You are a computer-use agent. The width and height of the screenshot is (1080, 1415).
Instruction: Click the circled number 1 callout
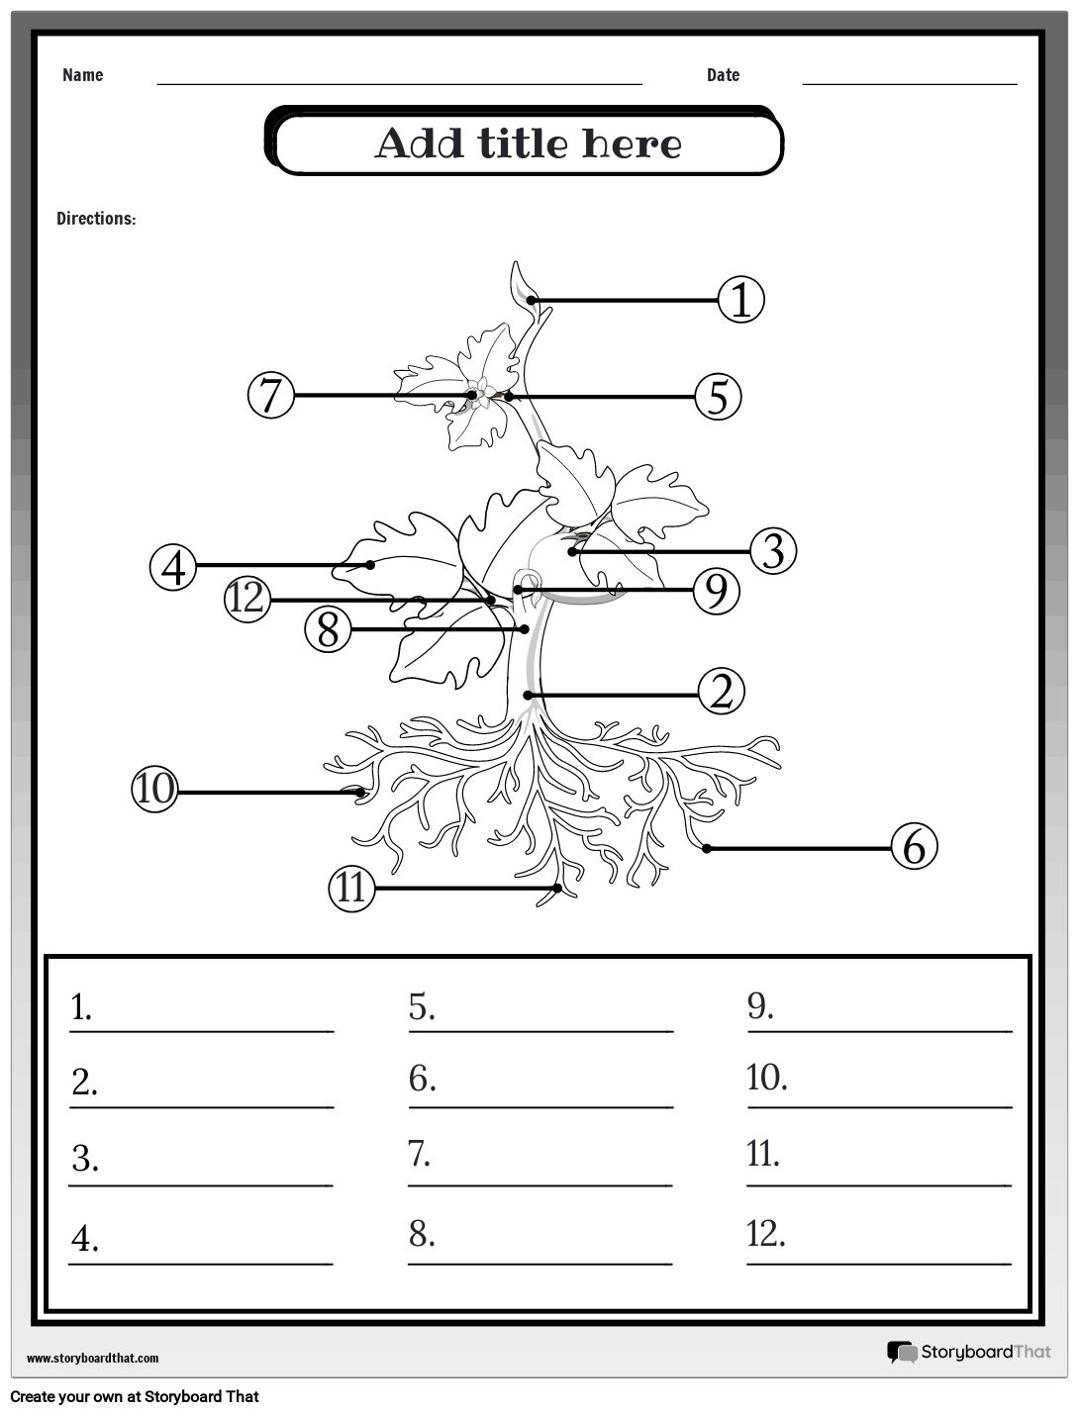pyautogui.click(x=740, y=300)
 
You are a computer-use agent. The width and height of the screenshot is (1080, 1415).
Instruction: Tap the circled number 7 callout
pyautogui.click(x=270, y=395)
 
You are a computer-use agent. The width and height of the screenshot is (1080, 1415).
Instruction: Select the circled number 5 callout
pyautogui.click(x=718, y=397)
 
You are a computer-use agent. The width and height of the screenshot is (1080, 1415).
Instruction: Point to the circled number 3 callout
pyautogui.click(x=773, y=551)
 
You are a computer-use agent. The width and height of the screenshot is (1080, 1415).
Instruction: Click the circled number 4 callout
pyautogui.click(x=174, y=567)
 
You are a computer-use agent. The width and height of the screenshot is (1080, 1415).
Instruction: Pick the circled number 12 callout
pyautogui.click(x=247, y=598)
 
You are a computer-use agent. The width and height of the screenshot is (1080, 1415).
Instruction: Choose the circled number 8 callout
pyautogui.click(x=329, y=629)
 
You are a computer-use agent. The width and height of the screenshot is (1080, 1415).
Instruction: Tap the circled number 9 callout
pyautogui.click(x=717, y=591)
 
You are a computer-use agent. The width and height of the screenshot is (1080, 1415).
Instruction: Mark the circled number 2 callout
pyautogui.click(x=722, y=692)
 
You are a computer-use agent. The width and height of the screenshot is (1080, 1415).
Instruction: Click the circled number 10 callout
pyautogui.click(x=154, y=790)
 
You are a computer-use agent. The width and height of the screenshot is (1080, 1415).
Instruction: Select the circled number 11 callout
pyautogui.click(x=351, y=888)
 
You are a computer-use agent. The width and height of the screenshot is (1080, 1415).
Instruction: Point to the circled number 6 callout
pyautogui.click(x=914, y=847)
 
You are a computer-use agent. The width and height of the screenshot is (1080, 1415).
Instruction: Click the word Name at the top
pyautogui.click(x=82, y=75)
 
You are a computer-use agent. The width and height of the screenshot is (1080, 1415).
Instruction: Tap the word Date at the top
pyautogui.click(x=723, y=75)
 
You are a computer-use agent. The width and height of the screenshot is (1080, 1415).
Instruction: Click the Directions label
pyautogui.click(x=96, y=219)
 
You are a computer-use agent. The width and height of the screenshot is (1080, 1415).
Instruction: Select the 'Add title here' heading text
pyautogui.click(x=528, y=144)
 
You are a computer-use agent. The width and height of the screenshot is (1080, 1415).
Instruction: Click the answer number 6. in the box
pyautogui.click(x=423, y=1079)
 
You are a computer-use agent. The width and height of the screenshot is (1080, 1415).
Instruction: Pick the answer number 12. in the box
pyautogui.click(x=766, y=1234)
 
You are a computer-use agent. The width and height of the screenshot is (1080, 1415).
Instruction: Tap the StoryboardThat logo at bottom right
pyautogui.click(x=969, y=1352)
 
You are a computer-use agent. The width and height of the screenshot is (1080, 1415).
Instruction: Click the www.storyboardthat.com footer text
pyautogui.click(x=92, y=1359)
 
